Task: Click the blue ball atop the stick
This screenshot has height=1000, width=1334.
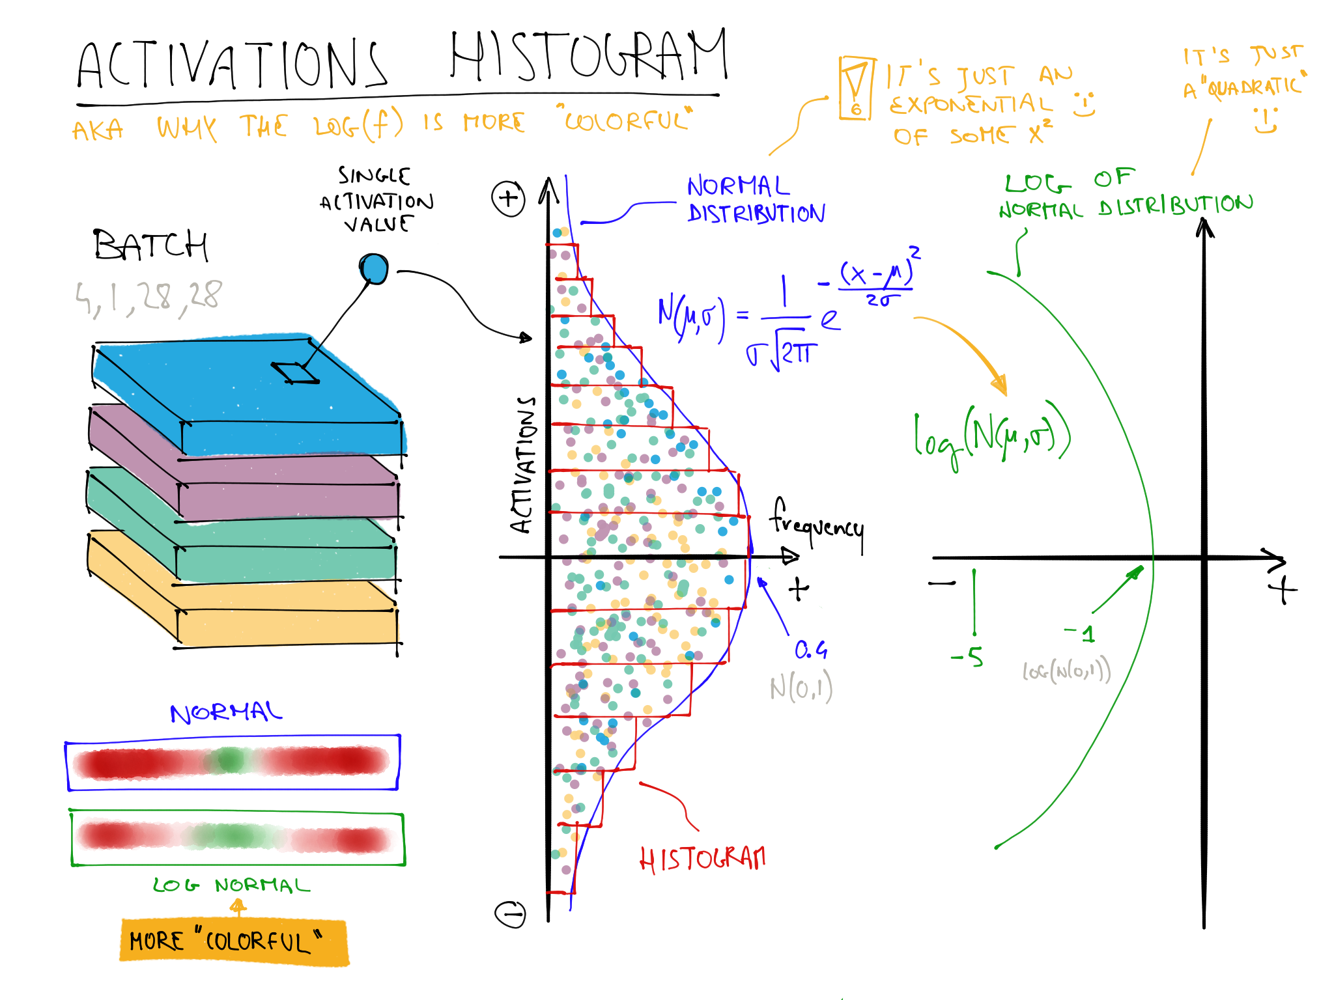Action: tap(374, 269)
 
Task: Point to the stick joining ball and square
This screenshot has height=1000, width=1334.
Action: tap(335, 322)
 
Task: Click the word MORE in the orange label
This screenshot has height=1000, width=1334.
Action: tap(156, 941)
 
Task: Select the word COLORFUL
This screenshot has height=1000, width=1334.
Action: tap(257, 942)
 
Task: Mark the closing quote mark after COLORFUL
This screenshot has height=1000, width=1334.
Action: tap(317, 936)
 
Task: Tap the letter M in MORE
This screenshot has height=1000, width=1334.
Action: tap(137, 941)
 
